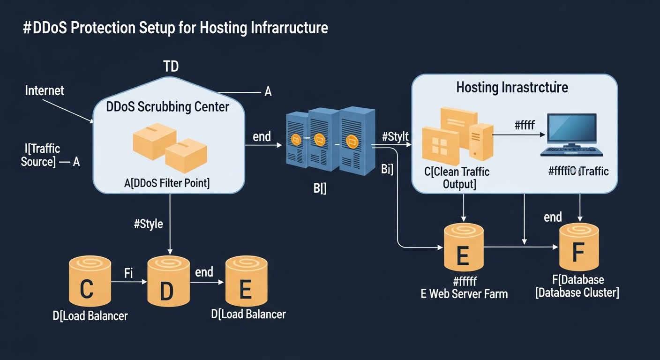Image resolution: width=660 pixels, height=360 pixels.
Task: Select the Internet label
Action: (45, 90)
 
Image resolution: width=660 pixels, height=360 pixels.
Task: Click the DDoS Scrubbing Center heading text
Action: (167, 107)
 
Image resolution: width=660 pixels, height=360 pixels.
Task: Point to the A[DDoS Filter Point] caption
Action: (167, 183)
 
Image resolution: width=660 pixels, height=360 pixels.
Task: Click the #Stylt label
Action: (395, 137)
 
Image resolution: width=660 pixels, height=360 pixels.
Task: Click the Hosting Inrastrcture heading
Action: (512, 87)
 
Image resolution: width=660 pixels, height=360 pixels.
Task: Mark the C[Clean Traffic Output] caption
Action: (457, 178)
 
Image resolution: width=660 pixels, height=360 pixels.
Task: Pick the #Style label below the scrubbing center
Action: (148, 224)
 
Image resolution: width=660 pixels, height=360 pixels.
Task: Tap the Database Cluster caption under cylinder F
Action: (577, 292)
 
